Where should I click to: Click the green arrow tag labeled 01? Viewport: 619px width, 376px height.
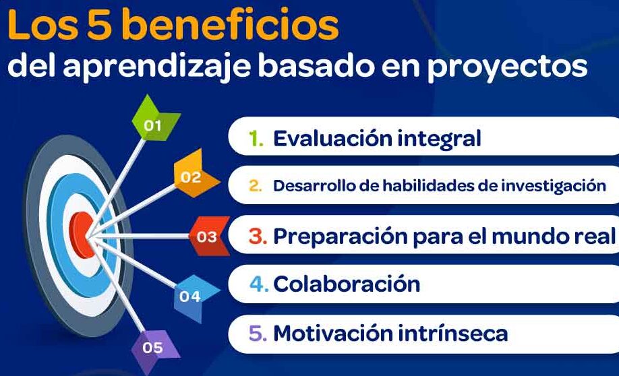(154, 121)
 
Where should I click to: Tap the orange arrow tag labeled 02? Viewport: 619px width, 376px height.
(194, 175)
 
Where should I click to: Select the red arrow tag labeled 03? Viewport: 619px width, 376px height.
(209, 236)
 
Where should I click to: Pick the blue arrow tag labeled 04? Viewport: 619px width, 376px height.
(194, 296)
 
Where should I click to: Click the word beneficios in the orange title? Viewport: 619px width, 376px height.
(230, 25)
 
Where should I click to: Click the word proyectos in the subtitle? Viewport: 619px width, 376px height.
(507, 67)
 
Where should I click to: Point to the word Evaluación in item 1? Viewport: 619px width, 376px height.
(332, 139)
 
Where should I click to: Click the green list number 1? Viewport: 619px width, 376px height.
(256, 139)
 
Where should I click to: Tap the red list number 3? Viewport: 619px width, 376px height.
(258, 236)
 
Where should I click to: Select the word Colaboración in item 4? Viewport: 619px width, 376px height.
(347, 284)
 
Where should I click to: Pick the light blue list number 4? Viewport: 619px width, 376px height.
(259, 284)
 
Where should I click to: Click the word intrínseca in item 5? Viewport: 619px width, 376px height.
(452, 333)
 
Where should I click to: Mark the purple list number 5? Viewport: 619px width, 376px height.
(258, 334)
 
